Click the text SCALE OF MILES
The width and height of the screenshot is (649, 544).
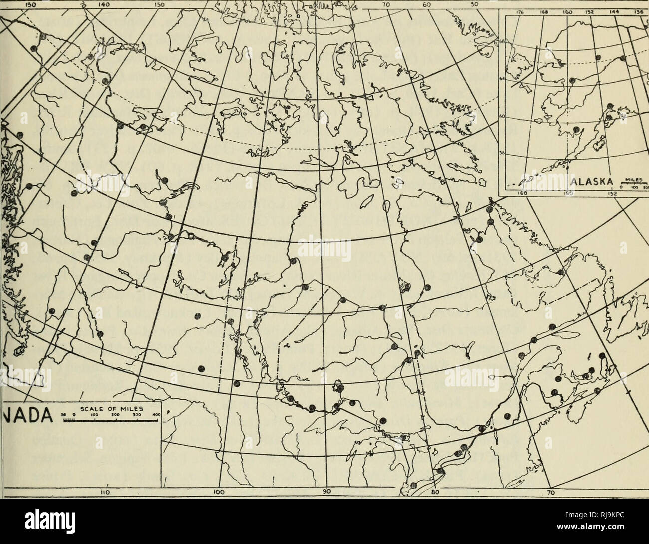point(120,406)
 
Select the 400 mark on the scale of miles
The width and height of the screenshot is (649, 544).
point(155,413)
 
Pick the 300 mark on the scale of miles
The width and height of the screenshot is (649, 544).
point(134,413)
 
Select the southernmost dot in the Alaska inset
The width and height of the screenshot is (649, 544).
point(576,129)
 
